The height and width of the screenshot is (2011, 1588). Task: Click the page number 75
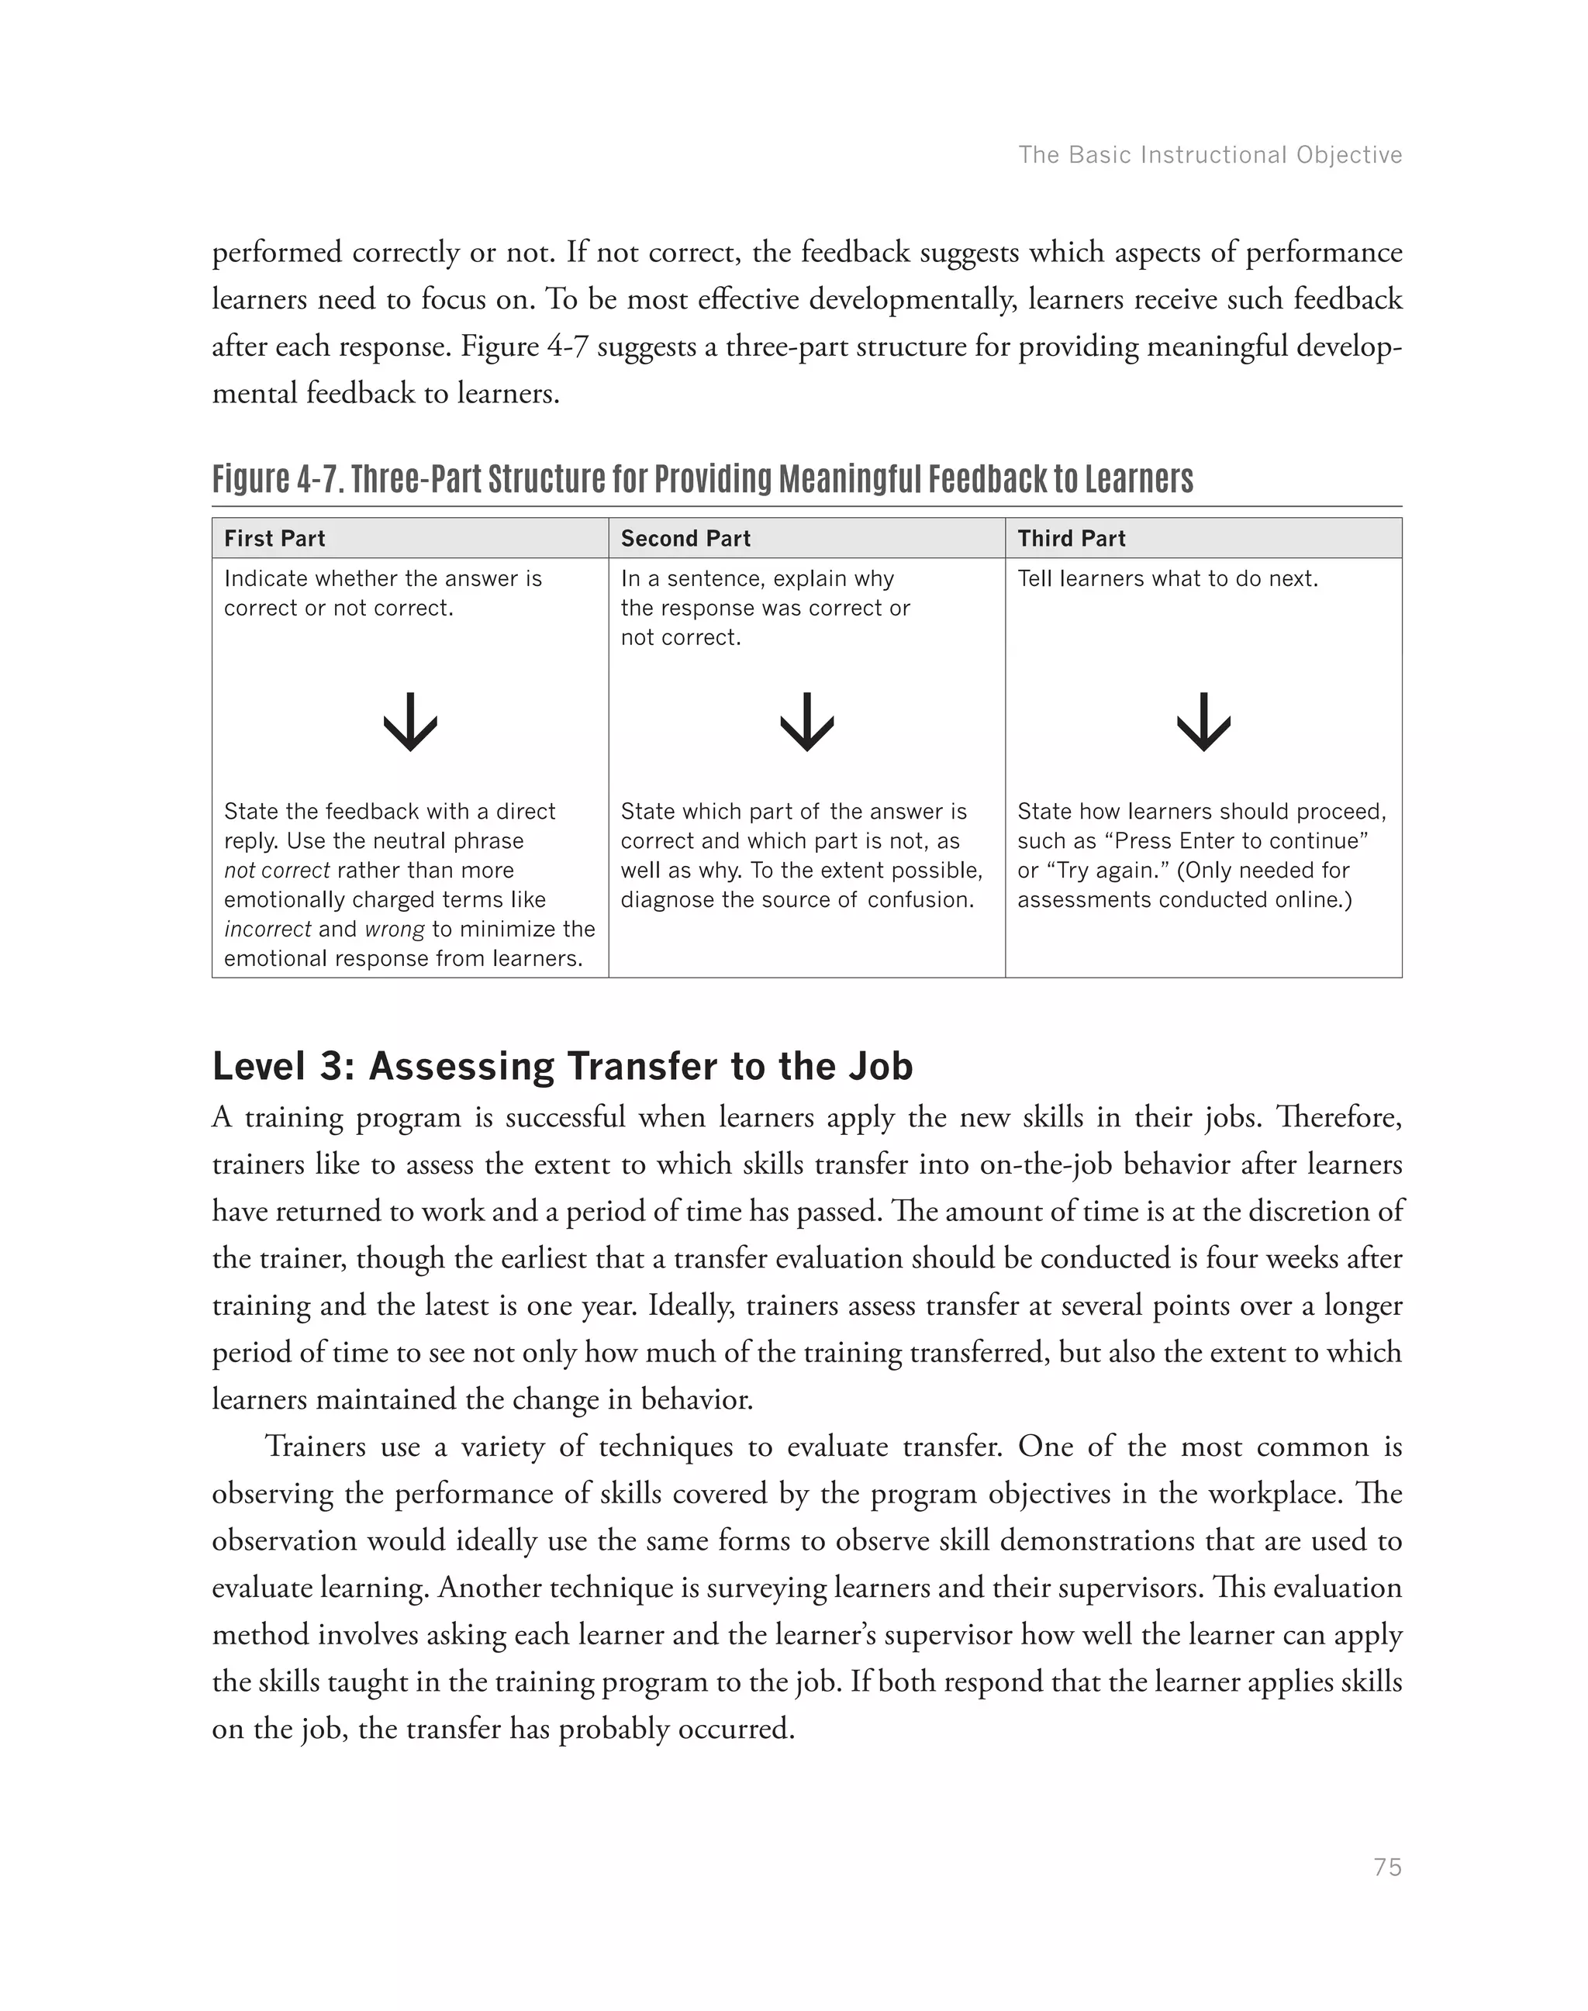(1386, 1867)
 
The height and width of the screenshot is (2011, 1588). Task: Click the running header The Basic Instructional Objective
(1210, 154)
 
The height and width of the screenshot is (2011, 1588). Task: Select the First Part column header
(274, 538)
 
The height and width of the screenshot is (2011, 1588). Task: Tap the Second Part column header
(685, 538)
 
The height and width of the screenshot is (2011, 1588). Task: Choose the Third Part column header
(1071, 538)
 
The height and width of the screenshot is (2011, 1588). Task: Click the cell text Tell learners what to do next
(1167, 578)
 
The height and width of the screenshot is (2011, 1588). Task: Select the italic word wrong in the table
(394, 929)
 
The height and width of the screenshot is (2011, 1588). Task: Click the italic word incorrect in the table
(268, 929)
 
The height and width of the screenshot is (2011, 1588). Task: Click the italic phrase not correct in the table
(276, 871)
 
